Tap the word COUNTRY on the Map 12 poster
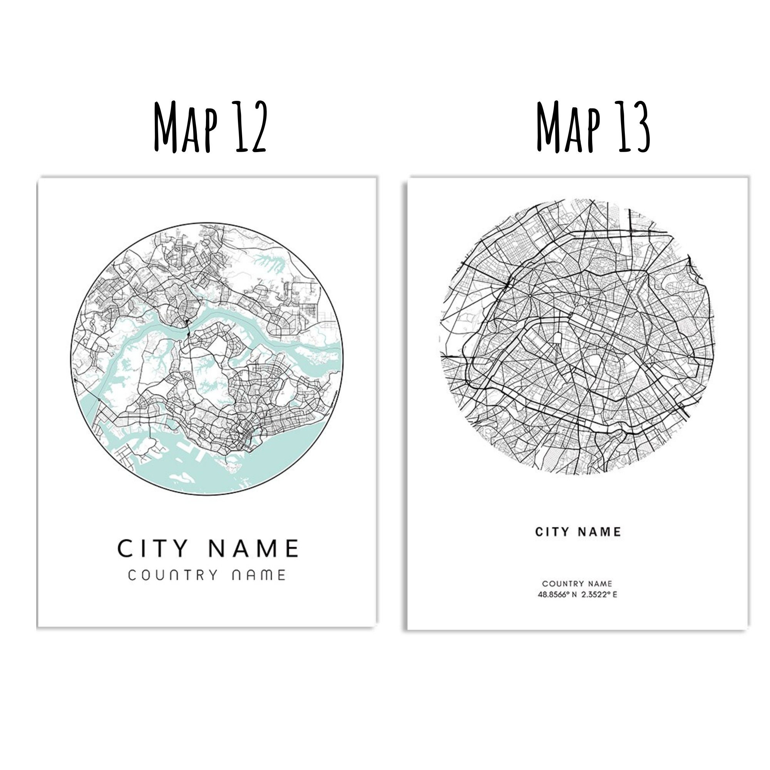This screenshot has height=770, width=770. click(x=173, y=576)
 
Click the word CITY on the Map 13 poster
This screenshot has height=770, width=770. click(x=552, y=532)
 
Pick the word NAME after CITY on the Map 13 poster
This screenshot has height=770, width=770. click(x=600, y=532)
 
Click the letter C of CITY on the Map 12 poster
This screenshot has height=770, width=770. click(x=124, y=548)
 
